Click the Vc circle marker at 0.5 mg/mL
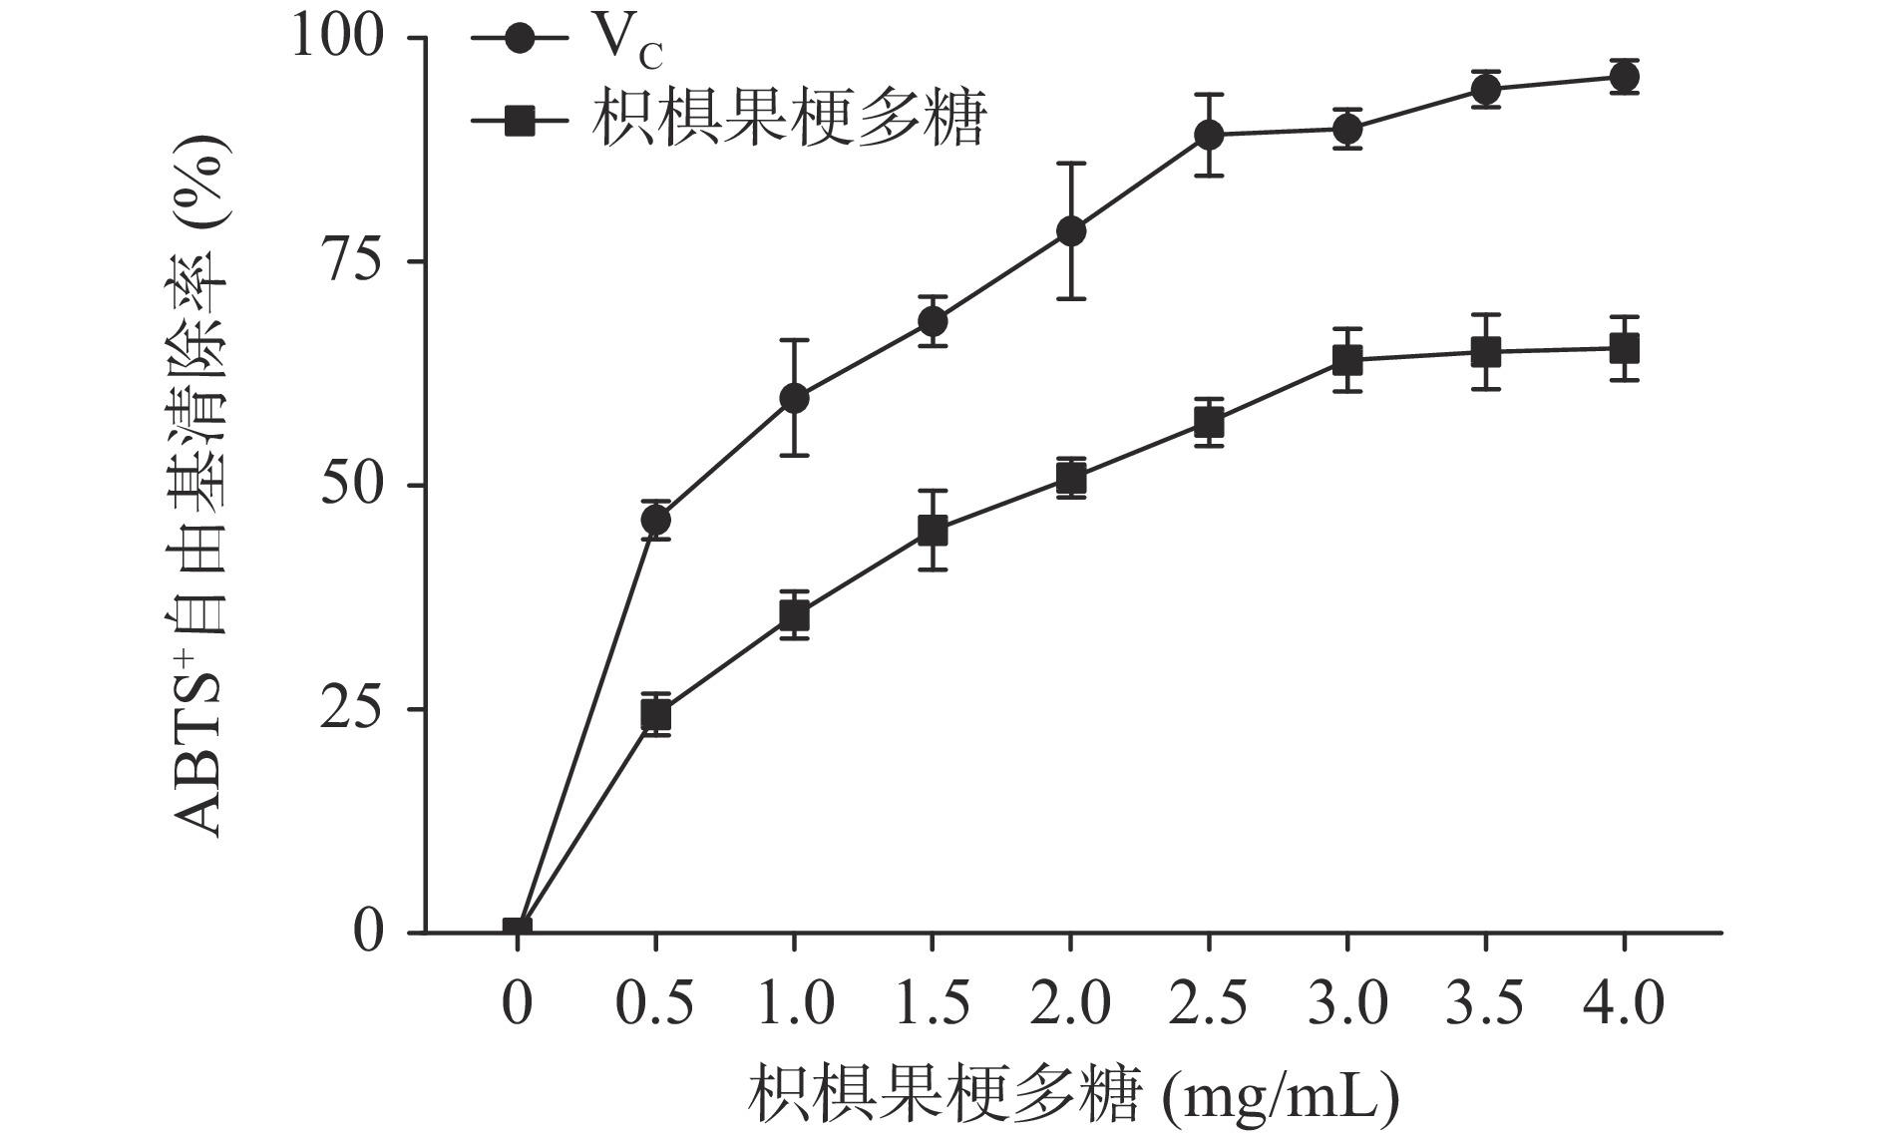[x=655, y=520]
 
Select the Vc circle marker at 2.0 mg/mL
[x=1070, y=231]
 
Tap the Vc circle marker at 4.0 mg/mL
[x=1624, y=77]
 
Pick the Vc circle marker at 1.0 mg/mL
[x=794, y=399]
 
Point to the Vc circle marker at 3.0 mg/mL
[x=1347, y=129]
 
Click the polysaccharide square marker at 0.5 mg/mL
[x=655, y=715]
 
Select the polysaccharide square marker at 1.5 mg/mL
[x=933, y=531]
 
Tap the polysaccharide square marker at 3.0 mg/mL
[x=1347, y=360]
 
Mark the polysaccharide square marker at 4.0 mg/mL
[x=1624, y=349]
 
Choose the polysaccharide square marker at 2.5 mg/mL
[x=1209, y=423]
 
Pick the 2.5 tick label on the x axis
[x=1209, y=1002]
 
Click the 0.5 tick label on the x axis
[x=655, y=1002]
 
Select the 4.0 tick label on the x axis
[x=1624, y=1002]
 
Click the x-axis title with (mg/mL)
[x=1072, y=1095]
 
